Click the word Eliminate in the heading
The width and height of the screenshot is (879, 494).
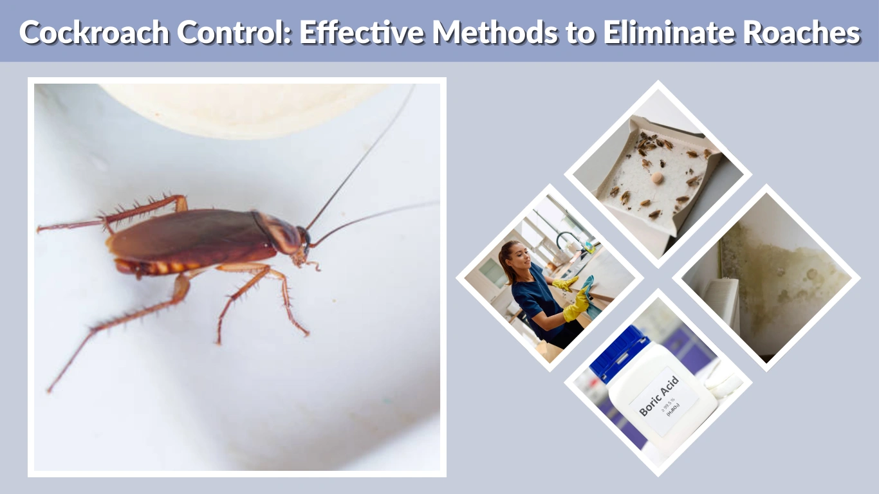[661, 33]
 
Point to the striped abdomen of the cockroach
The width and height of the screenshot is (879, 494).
[154, 266]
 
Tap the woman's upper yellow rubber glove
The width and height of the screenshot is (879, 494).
[566, 283]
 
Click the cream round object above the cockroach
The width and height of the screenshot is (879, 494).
[245, 109]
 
